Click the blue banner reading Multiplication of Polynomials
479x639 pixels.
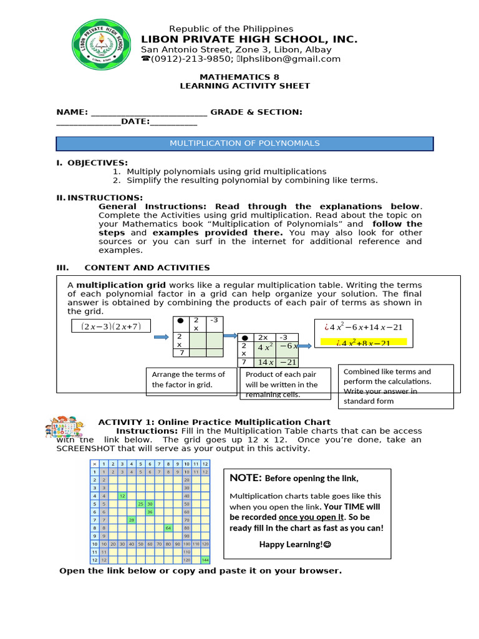point(244,144)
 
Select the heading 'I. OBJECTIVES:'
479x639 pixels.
point(92,162)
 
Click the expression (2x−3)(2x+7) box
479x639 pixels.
point(112,326)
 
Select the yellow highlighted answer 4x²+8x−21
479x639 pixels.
point(363,342)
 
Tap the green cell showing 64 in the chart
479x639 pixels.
point(168,528)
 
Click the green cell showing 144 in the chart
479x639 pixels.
point(205,560)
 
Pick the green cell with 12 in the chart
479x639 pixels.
point(122,495)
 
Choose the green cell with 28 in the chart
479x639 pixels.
point(132,520)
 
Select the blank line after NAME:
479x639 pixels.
point(149,112)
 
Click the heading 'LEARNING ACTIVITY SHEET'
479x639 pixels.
point(244,86)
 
